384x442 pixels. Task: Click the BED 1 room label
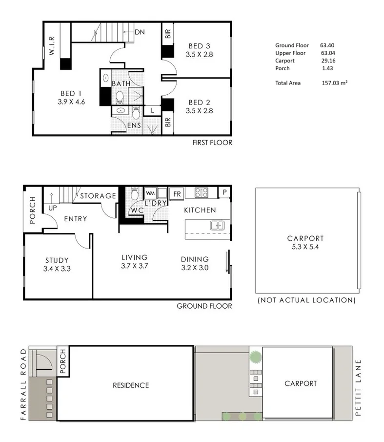click(x=71, y=93)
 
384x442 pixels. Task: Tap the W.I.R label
click(x=52, y=46)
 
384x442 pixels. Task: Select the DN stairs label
click(x=140, y=32)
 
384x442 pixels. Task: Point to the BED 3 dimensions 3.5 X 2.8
click(x=200, y=54)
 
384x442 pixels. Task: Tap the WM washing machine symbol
click(x=150, y=193)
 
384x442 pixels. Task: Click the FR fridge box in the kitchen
click(x=177, y=194)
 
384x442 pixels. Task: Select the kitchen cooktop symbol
click(x=202, y=192)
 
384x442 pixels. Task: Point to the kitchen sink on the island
click(x=217, y=226)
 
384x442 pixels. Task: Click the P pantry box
click(x=224, y=192)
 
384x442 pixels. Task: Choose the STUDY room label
click(x=57, y=260)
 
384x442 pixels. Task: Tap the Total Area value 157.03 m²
click(x=334, y=83)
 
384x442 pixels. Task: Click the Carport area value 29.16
click(x=328, y=61)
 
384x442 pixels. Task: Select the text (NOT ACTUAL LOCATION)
click(x=306, y=300)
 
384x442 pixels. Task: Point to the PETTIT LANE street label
click(x=358, y=388)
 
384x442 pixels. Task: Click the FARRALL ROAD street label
click(x=23, y=384)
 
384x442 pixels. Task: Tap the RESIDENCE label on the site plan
click(x=131, y=385)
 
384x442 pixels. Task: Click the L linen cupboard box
click(x=152, y=110)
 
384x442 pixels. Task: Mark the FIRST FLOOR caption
click(x=212, y=143)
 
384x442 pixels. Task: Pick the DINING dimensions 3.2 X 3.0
click(x=195, y=268)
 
